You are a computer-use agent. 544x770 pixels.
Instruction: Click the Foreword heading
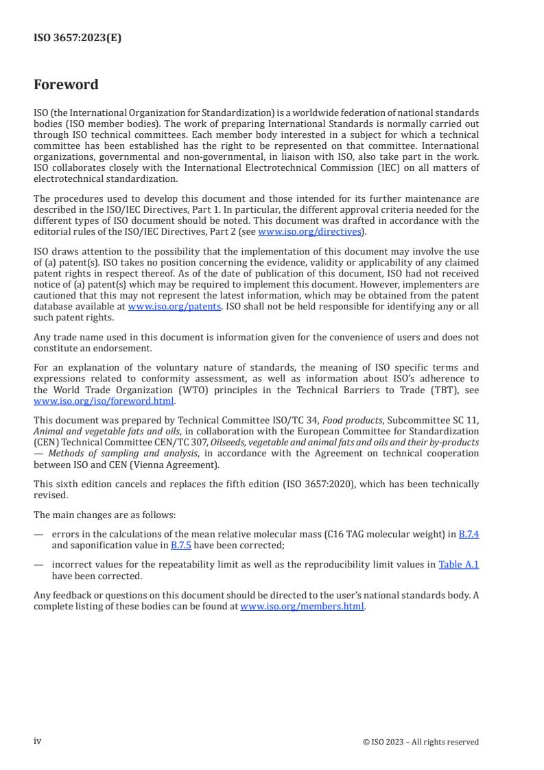(x=66, y=85)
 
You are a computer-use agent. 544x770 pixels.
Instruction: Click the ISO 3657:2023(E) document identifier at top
(x=78, y=38)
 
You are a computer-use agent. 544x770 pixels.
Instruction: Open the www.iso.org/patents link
(x=174, y=307)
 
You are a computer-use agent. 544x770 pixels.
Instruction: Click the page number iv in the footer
(x=38, y=740)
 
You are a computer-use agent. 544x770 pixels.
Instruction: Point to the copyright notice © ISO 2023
(x=421, y=741)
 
